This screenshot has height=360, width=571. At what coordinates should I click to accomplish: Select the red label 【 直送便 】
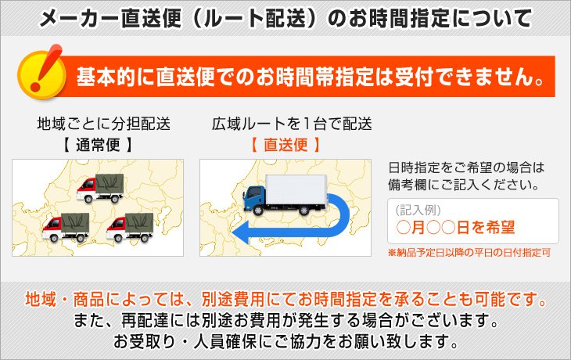coord(285,145)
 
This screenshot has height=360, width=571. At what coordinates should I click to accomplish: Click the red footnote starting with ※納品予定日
coord(469,254)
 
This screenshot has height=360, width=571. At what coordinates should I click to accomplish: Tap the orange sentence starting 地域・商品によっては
coord(285,300)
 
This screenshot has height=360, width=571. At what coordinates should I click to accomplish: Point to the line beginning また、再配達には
coord(285,321)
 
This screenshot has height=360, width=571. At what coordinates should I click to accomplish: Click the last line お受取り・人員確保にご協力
coord(285,342)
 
